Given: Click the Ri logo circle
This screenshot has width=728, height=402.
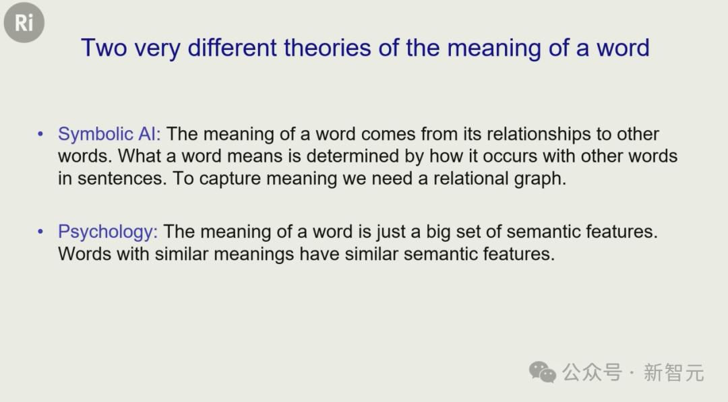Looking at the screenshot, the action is (24, 22).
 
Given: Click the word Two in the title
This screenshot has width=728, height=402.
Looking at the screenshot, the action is (104, 48).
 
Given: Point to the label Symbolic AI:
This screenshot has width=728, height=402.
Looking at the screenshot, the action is (109, 134).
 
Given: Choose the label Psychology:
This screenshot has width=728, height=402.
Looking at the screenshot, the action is (108, 232).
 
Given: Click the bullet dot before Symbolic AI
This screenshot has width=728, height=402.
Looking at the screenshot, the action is (40, 135).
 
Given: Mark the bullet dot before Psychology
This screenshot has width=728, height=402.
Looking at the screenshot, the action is (40, 232).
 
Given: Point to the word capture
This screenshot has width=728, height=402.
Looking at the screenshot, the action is (230, 179).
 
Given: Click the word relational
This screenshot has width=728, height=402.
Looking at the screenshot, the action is (471, 178).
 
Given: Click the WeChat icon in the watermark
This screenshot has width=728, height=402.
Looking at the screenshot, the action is (542, 372).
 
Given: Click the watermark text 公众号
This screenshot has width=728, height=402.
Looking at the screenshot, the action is (592, 372).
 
